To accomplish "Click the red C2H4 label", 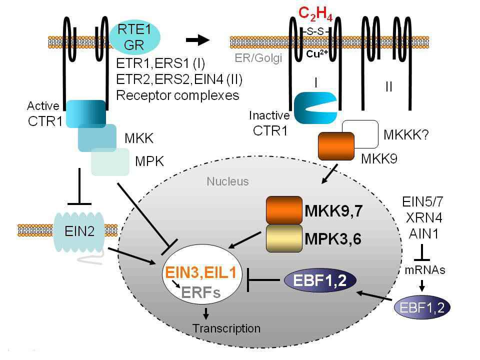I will point(311,14).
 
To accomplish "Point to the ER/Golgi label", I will point(258,58).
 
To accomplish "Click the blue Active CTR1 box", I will point(85,113).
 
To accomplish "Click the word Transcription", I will point(227,328).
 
